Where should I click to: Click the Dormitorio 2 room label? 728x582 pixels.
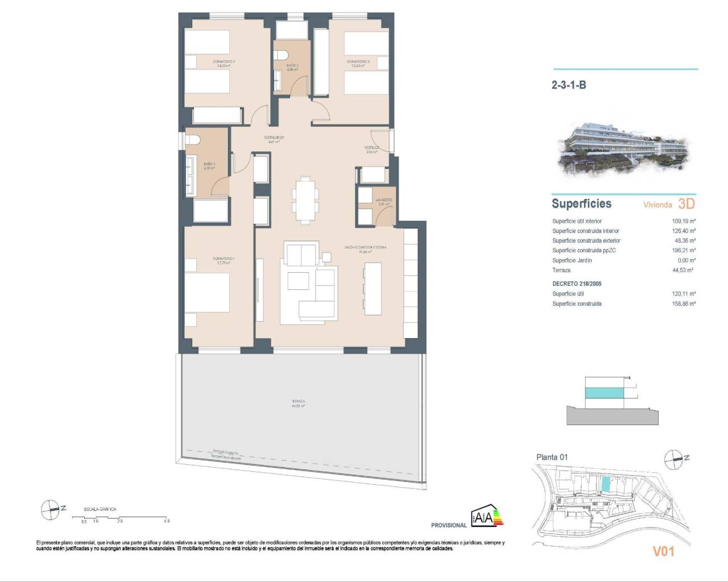click(x=224, y=61)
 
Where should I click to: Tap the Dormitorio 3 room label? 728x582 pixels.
click(x=358, y=61)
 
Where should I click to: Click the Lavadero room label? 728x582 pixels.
click(x=384, y=200)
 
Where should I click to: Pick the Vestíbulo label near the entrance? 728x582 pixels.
click(x=372, y=148)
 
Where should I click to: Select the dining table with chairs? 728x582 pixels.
click(x=303, y=199)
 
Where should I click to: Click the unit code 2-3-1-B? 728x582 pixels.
click(x=569, y=85)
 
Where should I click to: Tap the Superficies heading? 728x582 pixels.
click(x=581, y=203)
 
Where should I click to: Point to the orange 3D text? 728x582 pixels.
click(x=686, y=203)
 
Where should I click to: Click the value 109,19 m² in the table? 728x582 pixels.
click(x=684, y=221)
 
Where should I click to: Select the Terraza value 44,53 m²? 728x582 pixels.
click(x=684, y=271)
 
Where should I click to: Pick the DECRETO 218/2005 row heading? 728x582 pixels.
click(x=577, y=284)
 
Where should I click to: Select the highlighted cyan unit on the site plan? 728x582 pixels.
click(x=606, y=484)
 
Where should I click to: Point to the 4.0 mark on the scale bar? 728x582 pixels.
click(x=166, y=521)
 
